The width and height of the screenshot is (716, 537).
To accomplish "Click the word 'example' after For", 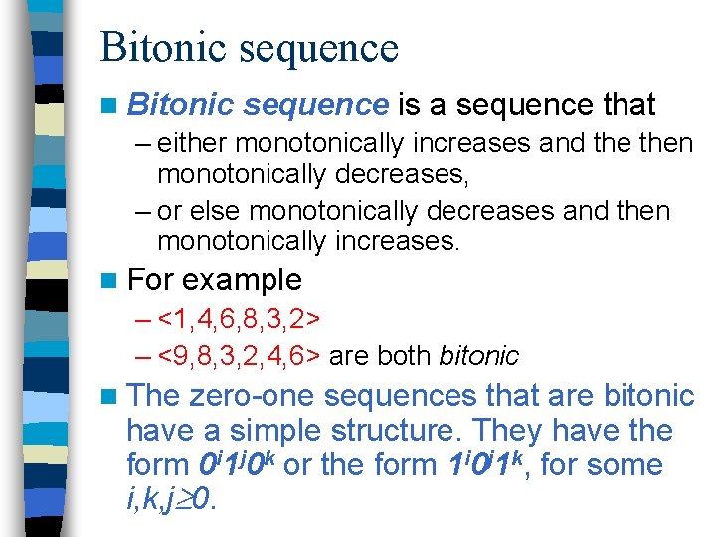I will tap(242, 279).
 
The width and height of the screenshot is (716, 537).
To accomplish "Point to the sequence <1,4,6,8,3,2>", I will tap(239, 320).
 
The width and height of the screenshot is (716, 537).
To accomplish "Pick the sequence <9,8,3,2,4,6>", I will tap(239, 355).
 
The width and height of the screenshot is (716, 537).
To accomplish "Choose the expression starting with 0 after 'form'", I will tap(238, 463).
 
